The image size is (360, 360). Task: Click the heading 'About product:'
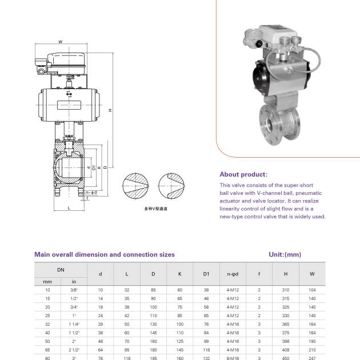point(243,174)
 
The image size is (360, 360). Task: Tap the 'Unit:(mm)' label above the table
point(285,254)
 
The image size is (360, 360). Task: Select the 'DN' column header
point(61,269)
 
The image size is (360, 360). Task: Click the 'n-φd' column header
point(233,274)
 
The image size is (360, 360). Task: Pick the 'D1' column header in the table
point(206,274)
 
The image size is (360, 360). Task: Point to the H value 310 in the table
point(286,290)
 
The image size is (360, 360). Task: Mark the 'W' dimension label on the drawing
point(60,42)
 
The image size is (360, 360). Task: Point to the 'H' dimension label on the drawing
point(109,110)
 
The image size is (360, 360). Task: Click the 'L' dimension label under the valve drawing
point(69,208)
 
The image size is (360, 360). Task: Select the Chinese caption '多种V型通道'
point(156,209)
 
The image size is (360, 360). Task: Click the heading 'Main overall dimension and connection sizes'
point(105,254)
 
